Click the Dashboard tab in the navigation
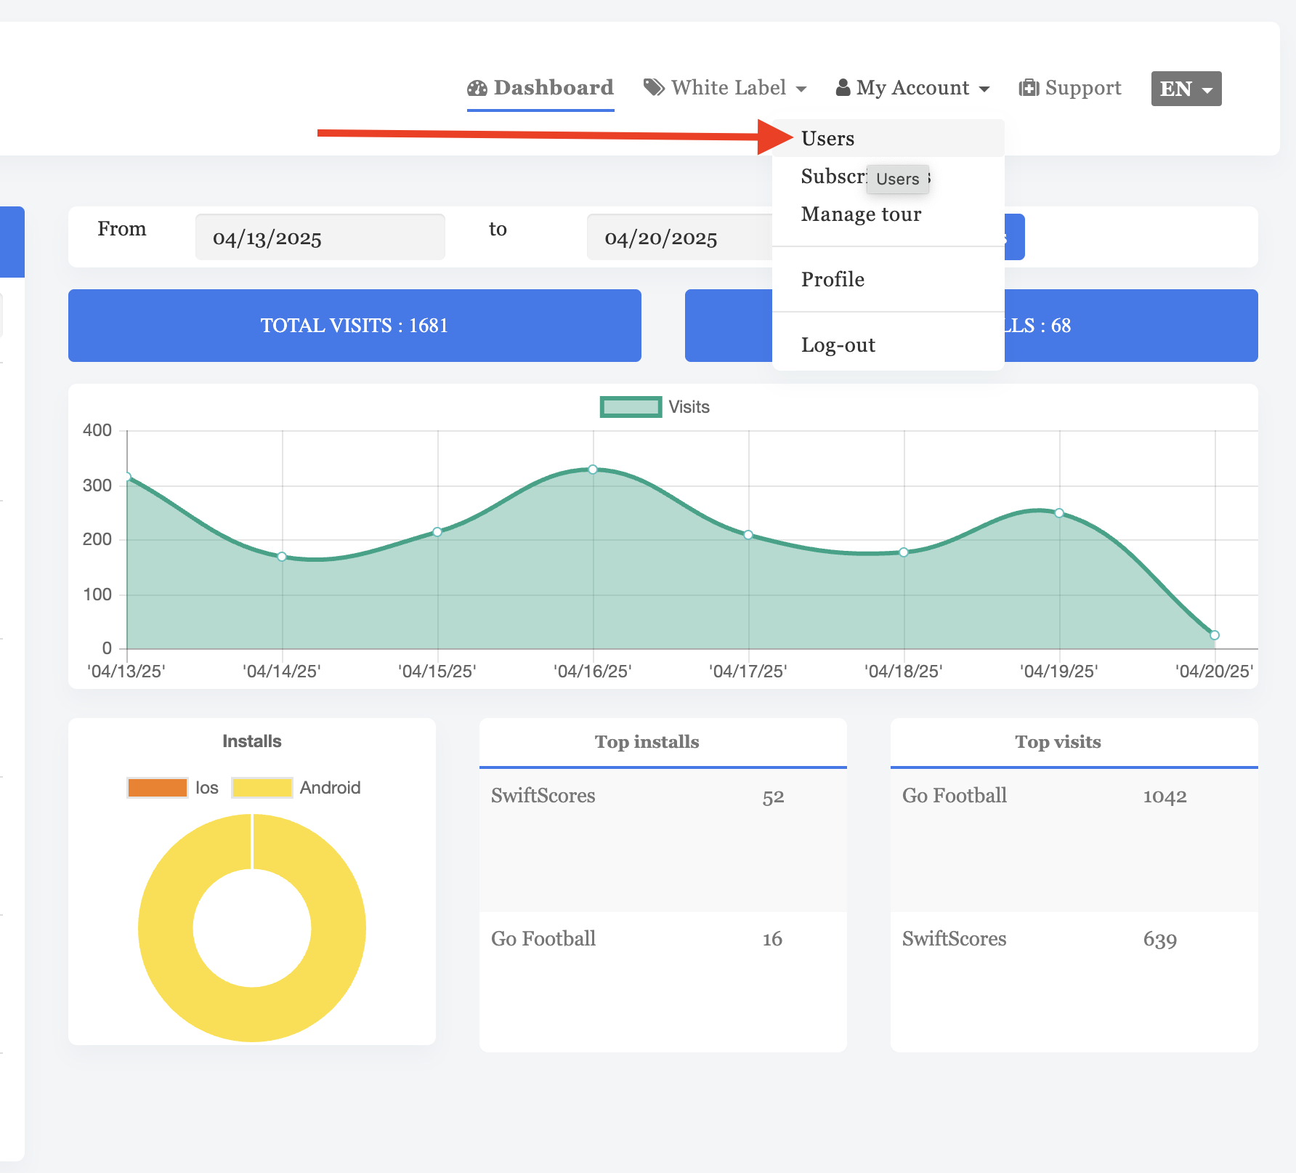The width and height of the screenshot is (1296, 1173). [540, 88]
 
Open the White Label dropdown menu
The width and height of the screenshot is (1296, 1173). [725, 88]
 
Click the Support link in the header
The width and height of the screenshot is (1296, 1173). [1070, 88]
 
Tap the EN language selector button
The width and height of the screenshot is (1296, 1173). [1186, 89]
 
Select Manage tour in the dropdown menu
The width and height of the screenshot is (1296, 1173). [861, 214]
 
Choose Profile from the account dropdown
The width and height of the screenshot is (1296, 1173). [833, 280]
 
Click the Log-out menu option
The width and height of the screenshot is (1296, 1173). [838, 345]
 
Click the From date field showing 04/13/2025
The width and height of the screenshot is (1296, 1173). [320, 238]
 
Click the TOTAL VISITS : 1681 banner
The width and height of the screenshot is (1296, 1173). [355, 326]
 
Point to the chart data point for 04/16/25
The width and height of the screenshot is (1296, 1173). [593, 469]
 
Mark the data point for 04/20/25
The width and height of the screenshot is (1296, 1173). [1214, 635]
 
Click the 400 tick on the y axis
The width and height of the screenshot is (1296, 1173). [97, 430]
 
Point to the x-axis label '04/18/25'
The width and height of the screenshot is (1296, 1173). [903, 671]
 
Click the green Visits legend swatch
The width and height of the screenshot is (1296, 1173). [631, 407]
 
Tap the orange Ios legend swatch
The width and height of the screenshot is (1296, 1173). [157, 788]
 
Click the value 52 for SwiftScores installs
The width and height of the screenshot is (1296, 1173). [773, 797]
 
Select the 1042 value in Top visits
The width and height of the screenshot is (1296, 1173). [1165, 797]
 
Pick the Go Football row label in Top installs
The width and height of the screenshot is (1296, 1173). [543, 939]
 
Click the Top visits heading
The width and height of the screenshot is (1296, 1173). [1058, 742]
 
